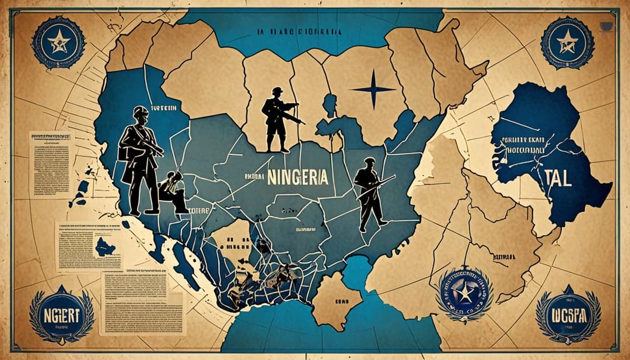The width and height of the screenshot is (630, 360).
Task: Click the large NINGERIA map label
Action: pyautogui.click(x=297, y=177)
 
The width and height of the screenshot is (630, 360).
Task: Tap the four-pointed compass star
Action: pyautogui.click(x=373, y=89)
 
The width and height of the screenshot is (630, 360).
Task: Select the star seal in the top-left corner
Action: pyautogui.click(x=58, y=42)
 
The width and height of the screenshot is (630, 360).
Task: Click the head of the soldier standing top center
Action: pyautogui.click(x=278, y=92)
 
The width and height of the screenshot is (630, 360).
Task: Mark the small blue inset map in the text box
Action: pyautogui.click(x=104, y=247)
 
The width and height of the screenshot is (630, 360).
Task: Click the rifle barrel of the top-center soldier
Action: pyautogui.click(x=295, y=118)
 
